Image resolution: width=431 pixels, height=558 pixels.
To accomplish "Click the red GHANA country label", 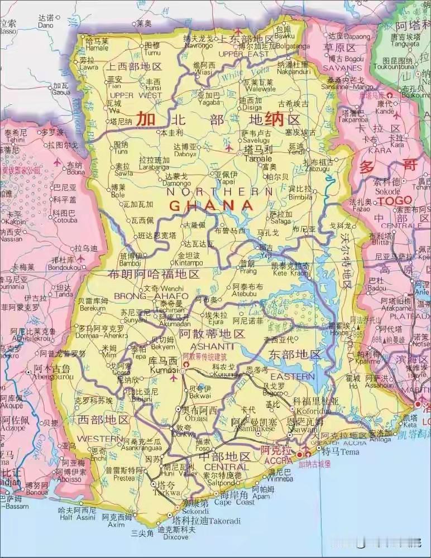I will [x=212, y=205].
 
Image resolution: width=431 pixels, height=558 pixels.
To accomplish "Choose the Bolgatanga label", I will [x=289, y=46].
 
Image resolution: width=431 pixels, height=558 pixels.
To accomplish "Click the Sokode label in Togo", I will [x=387, y=190].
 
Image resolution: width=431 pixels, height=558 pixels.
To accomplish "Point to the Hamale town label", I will [x=97, y=48].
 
